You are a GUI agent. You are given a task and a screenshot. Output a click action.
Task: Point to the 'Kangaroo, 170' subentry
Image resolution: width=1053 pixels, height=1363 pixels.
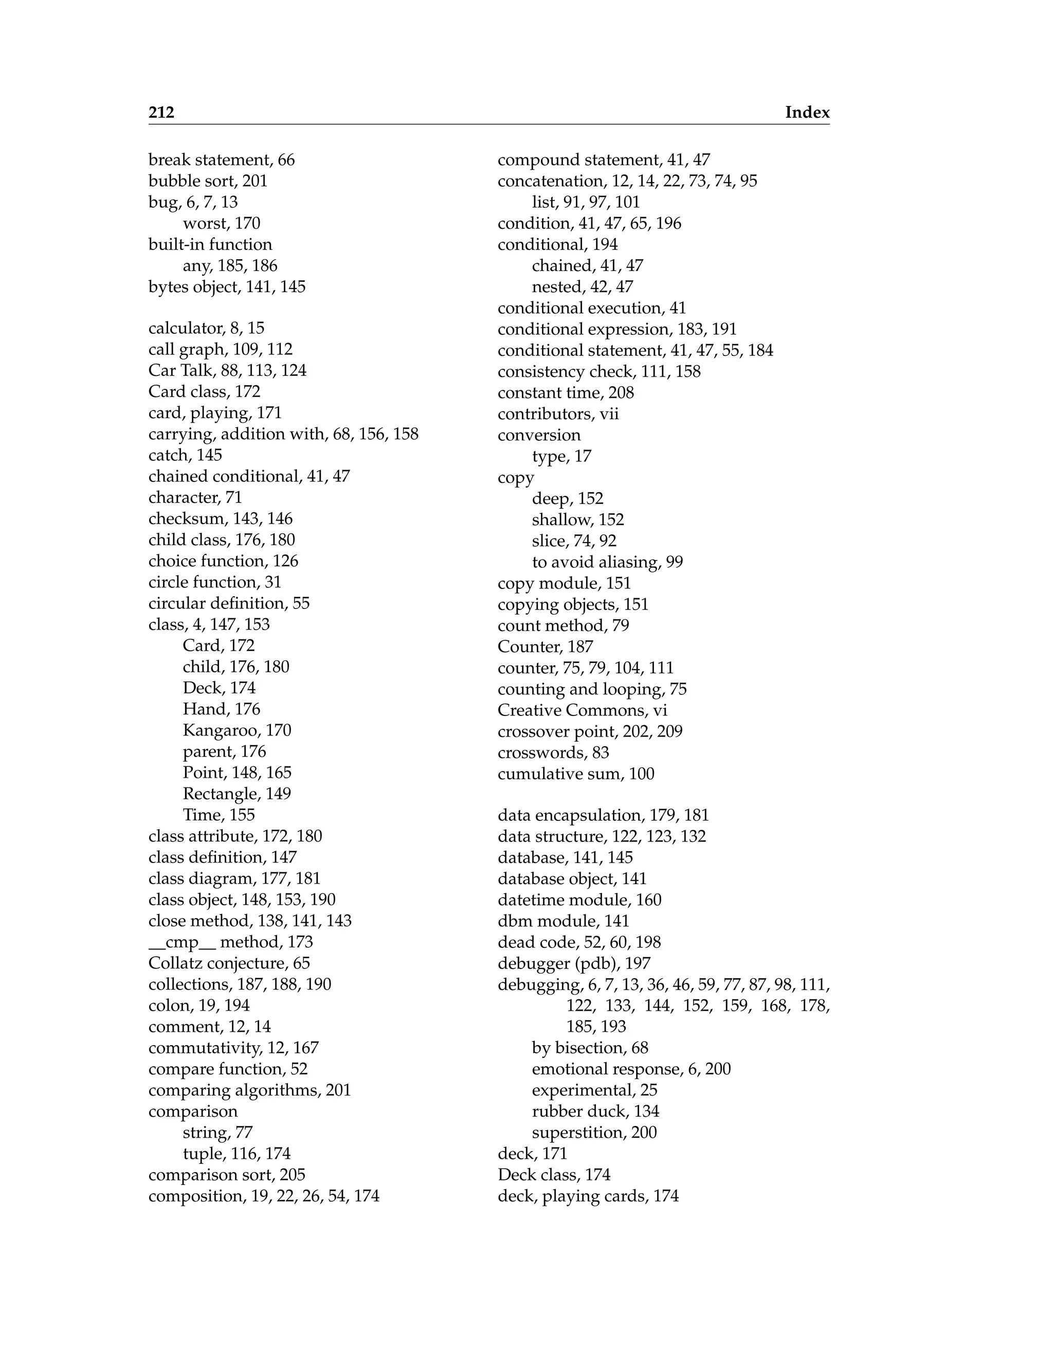click(x=237, y=730)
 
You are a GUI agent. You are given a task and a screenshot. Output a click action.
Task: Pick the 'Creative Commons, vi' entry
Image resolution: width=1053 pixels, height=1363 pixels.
click(x=582, y=710)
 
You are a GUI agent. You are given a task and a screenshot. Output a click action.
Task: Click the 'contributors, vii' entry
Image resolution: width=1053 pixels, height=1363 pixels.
click(x=558, y=414)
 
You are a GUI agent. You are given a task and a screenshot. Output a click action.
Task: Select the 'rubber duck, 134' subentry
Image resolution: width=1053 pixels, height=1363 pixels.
click(x=595, y=1111)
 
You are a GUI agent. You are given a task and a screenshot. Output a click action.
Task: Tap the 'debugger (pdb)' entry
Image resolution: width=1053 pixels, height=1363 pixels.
click(x=574, y=963)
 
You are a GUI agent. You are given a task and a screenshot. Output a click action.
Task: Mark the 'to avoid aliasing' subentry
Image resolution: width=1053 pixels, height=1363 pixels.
click(x=607, y=562)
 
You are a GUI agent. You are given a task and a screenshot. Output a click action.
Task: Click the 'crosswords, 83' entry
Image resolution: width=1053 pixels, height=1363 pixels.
click(x=553, y=752)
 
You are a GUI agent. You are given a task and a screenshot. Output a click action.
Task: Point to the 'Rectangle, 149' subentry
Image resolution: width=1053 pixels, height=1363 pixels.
click(x=237, y=794)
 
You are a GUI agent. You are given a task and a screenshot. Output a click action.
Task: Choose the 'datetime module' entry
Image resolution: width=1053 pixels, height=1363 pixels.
click(x=579, y=900)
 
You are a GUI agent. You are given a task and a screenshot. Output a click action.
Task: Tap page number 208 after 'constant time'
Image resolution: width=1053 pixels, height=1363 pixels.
click(x=621, y=392)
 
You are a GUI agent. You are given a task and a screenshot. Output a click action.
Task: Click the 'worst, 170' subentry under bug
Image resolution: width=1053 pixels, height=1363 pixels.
click(x=221, y=223)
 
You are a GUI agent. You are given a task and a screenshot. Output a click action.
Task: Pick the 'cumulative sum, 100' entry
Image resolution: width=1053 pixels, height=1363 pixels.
click(x=576, y=774)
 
